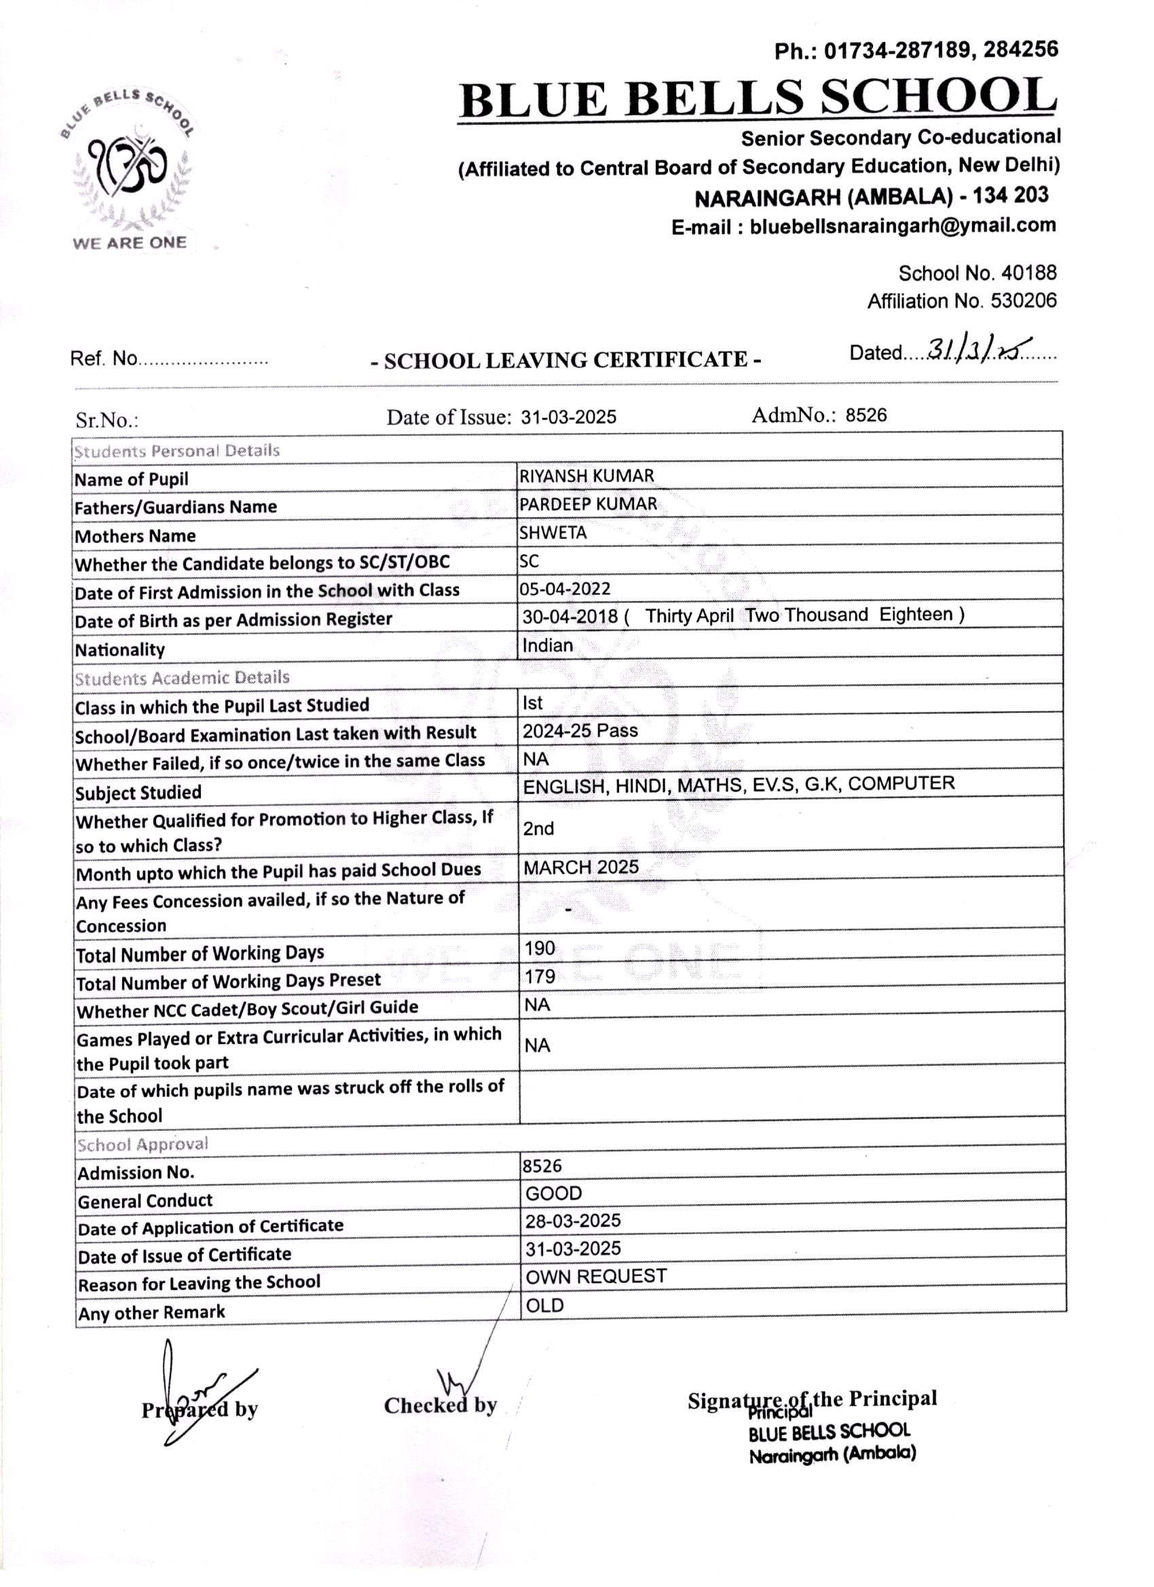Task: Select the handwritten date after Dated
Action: pyautogui.click(x=980, y=349)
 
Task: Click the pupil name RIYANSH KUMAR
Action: pyautogui.click(x=587, y=476)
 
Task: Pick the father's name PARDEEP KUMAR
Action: pyautogui.click(x=588, y=504)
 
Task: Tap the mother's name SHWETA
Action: pyautogui.click(x=553, y=532)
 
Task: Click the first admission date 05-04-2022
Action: pyautogui.click(x=565, y=589)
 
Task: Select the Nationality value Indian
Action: pyautogui.click(x=547, y=645)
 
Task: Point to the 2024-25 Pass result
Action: pyautogui.click(x=580, y=730)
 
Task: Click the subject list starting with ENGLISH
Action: pyautogui.click(x=739, y=785)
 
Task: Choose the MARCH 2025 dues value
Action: pyautogui.click(x=581, y=867)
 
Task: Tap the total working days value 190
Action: pyautogui.click(x=540, y=948)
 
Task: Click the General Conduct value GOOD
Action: pyautogui.click(x=553, y=1193)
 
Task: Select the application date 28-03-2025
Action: pyautogui.click(x=573, y=1220)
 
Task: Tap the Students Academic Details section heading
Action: pyautogui.click(x=182, y=678)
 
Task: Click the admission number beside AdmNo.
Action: pyautogui.click(x=865, y=415)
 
